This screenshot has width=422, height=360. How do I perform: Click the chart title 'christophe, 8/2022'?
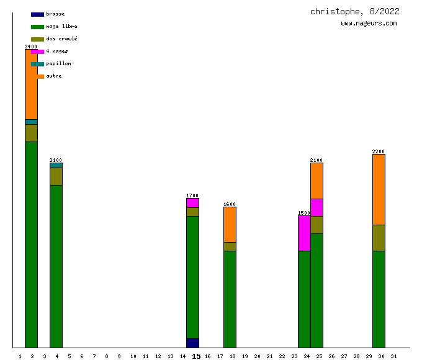click(354, 11)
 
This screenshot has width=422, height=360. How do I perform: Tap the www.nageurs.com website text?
click(369, 24)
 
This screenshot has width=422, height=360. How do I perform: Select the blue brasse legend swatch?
click(37, 14)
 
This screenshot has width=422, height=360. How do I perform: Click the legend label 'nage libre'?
click(61, 27)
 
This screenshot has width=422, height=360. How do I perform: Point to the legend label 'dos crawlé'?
click(61, 39)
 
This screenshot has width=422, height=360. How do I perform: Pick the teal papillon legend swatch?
click(37, 64)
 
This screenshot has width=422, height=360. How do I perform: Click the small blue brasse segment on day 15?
click(192, 343)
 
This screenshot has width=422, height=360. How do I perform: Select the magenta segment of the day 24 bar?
click(304, 233)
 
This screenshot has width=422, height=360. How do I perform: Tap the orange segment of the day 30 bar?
click(379, 189)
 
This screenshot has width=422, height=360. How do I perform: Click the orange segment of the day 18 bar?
click(230, 224)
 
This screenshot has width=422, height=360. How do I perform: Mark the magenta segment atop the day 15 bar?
click(192, 203)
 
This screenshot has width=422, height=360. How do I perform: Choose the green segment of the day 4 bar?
click(56, 266)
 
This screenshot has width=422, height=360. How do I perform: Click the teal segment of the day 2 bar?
click(31, 122)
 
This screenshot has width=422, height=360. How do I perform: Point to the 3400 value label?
click(31, 47)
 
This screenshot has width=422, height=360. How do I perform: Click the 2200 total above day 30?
click(379, 151)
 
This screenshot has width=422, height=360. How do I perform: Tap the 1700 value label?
click(192, 196)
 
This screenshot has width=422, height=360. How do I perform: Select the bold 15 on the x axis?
click(196, 356)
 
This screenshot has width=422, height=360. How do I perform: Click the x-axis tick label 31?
click(393, 356)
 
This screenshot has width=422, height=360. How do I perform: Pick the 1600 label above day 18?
click(230, 204)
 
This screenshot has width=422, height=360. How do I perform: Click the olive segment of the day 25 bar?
click(316, 225)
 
